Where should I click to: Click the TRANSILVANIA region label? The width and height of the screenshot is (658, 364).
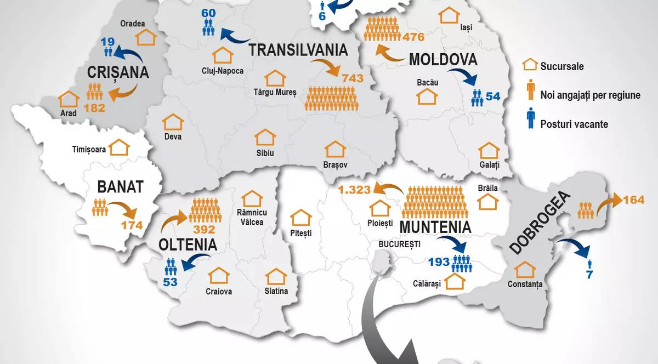299,49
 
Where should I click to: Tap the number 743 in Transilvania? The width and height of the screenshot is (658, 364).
352,78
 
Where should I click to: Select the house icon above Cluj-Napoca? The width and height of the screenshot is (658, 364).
223,55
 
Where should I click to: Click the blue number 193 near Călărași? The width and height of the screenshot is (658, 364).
439,261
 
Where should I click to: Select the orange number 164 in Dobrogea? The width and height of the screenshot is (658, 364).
633,200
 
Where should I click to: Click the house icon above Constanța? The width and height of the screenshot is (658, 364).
525,270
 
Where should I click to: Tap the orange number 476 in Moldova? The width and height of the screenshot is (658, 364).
413,38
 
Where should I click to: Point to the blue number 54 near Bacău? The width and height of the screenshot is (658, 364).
493,96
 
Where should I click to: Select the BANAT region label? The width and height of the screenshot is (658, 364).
120,187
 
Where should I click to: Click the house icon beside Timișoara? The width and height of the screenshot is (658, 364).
120,147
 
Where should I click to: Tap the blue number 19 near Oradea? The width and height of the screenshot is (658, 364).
107,41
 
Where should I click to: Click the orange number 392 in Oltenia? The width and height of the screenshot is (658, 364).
203,229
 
